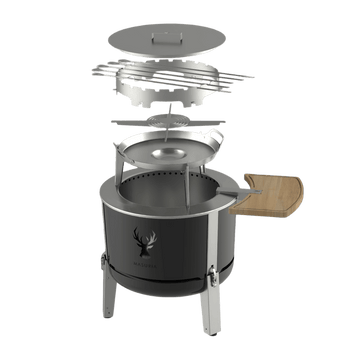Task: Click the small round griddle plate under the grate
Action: pos(176,119)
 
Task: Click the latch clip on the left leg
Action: pos(110,270)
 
